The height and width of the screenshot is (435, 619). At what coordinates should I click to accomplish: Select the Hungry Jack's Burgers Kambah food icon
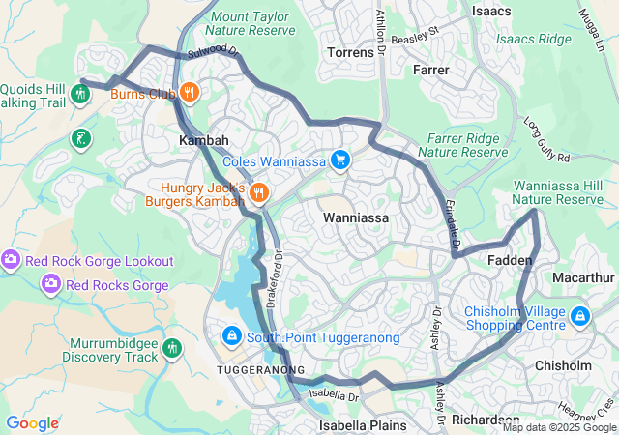[x=258, y=192]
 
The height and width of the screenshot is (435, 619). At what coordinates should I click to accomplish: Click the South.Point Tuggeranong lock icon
[x=231, y=336]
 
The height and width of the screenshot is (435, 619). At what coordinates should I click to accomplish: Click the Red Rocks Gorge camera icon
[x=50, y=284]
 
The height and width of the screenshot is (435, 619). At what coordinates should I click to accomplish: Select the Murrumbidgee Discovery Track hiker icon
[x=172, y=348]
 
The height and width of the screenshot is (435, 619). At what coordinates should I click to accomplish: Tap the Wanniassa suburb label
[x=356, y=218]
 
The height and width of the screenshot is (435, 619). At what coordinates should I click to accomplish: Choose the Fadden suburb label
[x=509, y=261]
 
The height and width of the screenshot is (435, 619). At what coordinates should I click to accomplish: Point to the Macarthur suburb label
[x=583, y=277]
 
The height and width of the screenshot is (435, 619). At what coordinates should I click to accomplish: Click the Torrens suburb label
[x=350, y=52]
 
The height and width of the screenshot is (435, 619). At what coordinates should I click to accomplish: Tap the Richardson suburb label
[x=485, y=420]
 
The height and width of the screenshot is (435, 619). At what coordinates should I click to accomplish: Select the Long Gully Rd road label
[x=546, y=140]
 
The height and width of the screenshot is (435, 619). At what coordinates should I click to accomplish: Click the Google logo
[x=32, y=423]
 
